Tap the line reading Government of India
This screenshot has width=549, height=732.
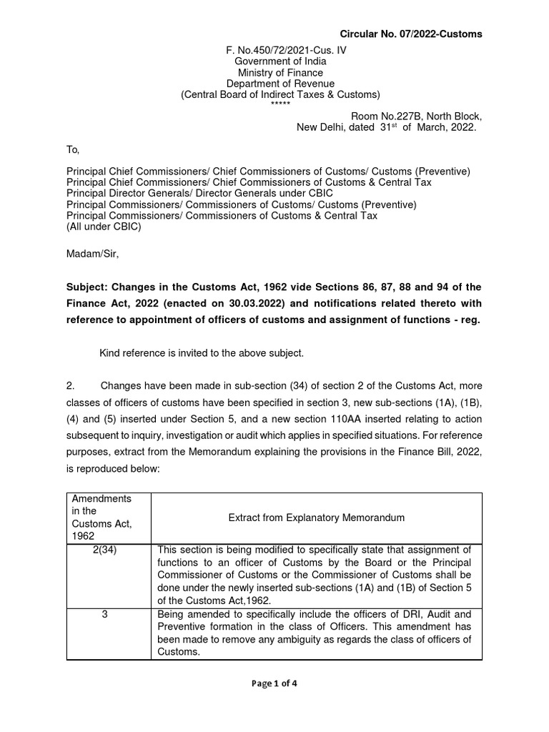(x=280, y=62)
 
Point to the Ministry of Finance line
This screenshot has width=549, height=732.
(x=280, y=73)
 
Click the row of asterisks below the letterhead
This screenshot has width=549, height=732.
(x=280, y=104)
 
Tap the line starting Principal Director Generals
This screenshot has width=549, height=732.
(x=199, y=194)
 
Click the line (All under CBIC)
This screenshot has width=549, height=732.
(x=104, y=227)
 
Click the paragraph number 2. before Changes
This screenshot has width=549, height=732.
(x=71, y=385)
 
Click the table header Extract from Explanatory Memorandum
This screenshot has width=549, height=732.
(x=316, y=517)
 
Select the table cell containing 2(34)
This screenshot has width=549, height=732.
(x=108, y=550)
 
